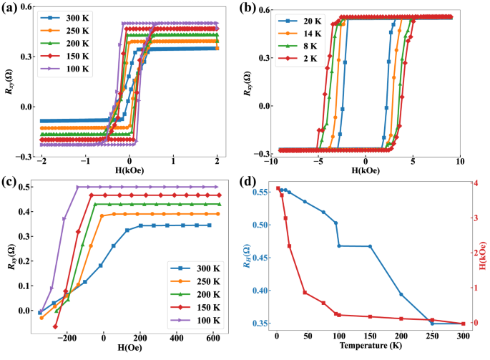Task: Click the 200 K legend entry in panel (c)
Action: (193, 292)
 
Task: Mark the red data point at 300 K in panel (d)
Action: (463, 323)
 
